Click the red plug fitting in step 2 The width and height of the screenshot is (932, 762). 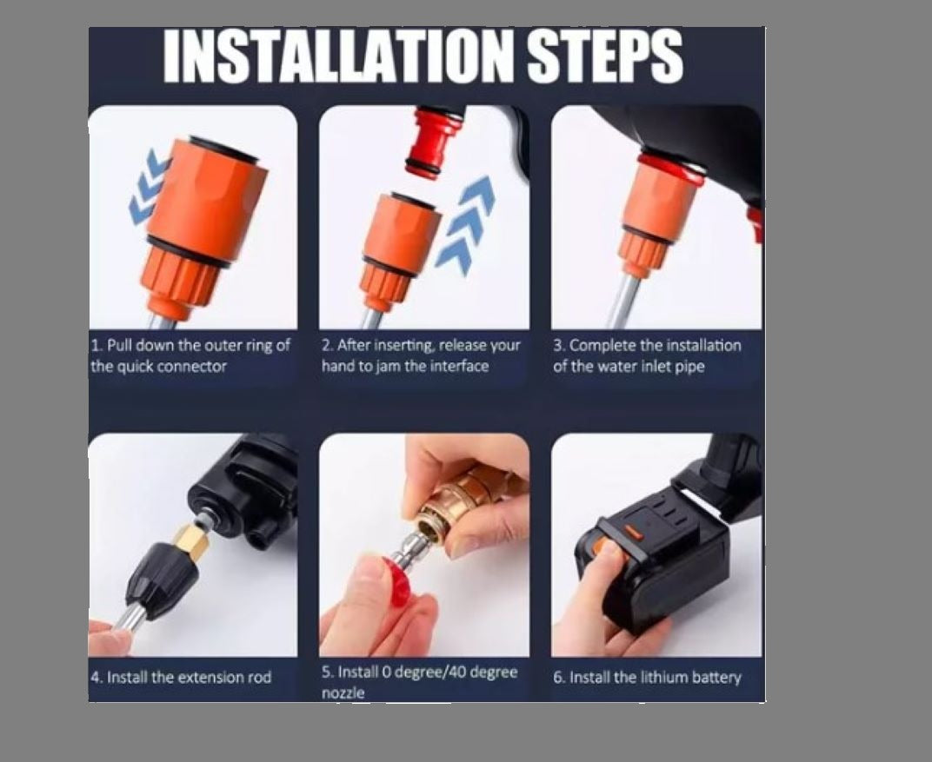434,141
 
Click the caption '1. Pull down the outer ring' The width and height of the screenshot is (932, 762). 190,346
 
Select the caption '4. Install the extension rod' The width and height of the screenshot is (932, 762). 181,677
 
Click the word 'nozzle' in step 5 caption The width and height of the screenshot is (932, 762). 343,692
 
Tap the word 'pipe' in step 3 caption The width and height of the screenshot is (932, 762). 689,366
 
